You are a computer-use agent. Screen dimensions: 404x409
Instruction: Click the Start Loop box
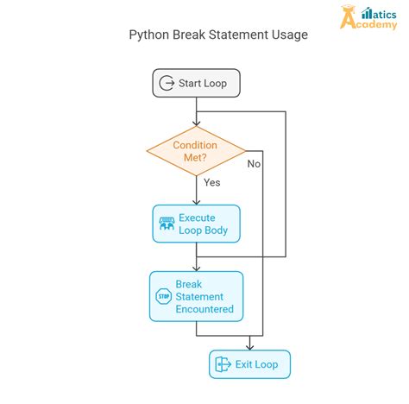click(x=197, y=83)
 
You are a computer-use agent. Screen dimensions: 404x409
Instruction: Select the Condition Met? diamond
click(x=196, y=152)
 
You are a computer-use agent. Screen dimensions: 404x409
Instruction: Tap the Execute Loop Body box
click(x=197, y=223)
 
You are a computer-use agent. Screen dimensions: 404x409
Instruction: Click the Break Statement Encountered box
click(x=197, y=296)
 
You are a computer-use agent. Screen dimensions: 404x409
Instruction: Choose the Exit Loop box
click(x=250, y=364)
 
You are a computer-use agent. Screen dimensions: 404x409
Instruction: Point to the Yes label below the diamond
click(x=211, y=183)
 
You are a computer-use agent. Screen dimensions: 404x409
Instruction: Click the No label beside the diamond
click(x=254, y=163)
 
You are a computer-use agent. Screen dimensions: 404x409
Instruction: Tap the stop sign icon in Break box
click(x=164, y=297)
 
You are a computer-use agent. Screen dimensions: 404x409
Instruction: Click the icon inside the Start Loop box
click(x=167, y=84)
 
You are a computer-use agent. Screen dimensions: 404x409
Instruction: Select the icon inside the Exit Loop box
click(x=222, y=364)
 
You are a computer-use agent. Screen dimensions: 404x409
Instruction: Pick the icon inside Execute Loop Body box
click(x=167, y=224)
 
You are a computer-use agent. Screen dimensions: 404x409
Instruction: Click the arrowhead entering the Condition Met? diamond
click(x=197, y=123)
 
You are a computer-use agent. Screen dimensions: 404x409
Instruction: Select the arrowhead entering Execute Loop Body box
click(x=197, y=201)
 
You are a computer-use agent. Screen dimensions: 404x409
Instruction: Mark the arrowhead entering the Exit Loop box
click(x=250, y=346)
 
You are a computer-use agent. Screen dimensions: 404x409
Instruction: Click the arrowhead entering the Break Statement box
click(x=197, y=268)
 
